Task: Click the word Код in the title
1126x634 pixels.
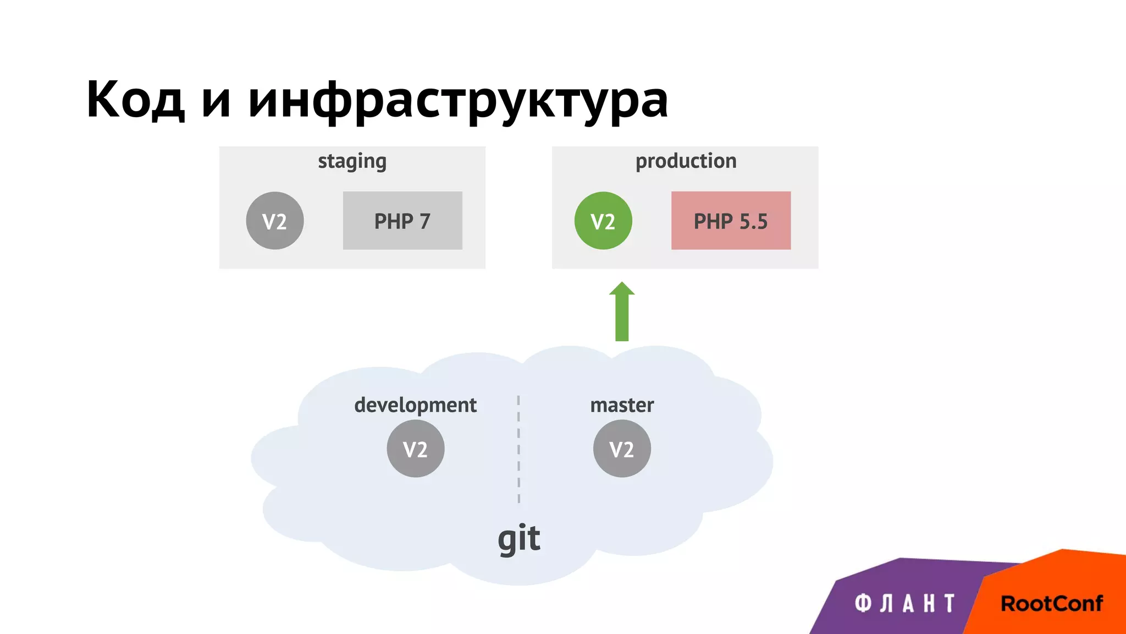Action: pos(135,100)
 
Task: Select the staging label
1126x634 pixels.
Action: pos(352,162)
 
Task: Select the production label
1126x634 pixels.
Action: pos(686,161)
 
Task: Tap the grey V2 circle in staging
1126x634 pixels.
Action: pos(275,221)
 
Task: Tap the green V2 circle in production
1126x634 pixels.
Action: pos(603,221)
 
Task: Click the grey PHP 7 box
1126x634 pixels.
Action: pos(402,221)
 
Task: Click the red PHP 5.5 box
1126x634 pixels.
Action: pos(731,221)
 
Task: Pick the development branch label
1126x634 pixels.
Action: pos(415,405)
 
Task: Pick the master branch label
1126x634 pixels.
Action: pos(622,405)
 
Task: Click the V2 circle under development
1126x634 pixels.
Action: pos(416,449)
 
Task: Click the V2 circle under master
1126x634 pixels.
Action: pos(622,449)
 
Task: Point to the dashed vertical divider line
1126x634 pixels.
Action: pos(518,449)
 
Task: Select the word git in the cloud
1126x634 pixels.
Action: pos(519,538)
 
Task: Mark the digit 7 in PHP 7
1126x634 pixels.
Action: pos(424,221)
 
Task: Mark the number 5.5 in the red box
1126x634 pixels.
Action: pos(753,221)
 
